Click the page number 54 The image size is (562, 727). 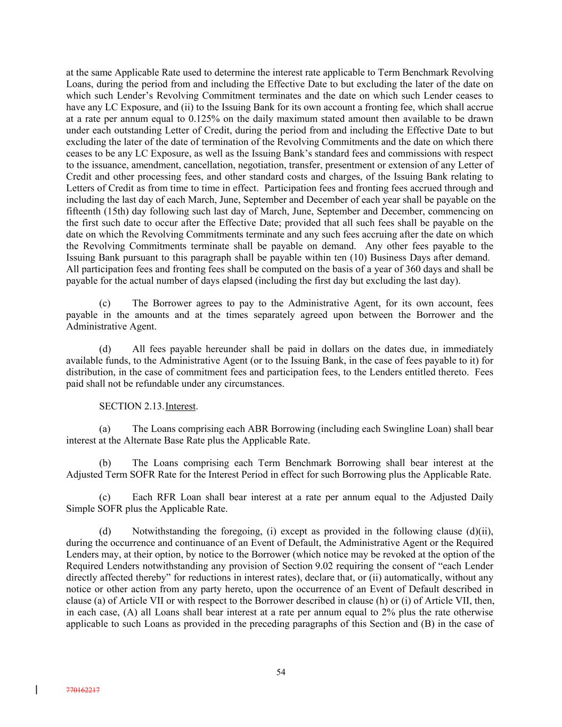(x=281, y=672)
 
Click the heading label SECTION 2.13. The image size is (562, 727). (x=131, y=406)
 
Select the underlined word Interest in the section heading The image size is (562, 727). (x=181, y=406)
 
